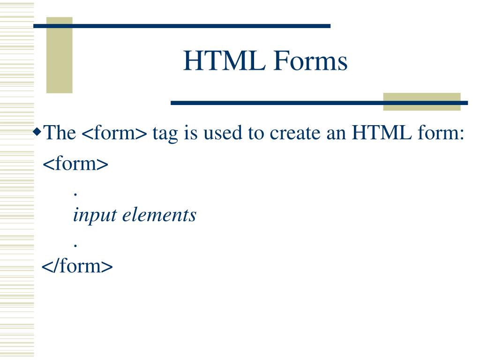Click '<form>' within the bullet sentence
[x=114, y=134]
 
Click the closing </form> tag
[x=77, y=266]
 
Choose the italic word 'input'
[x=94, y=215]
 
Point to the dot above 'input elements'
[x=75, y=194]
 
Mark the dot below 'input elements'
[x=75, y=245]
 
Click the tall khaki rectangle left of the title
[x=60, y=55]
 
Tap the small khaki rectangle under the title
[x=421, y=102]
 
